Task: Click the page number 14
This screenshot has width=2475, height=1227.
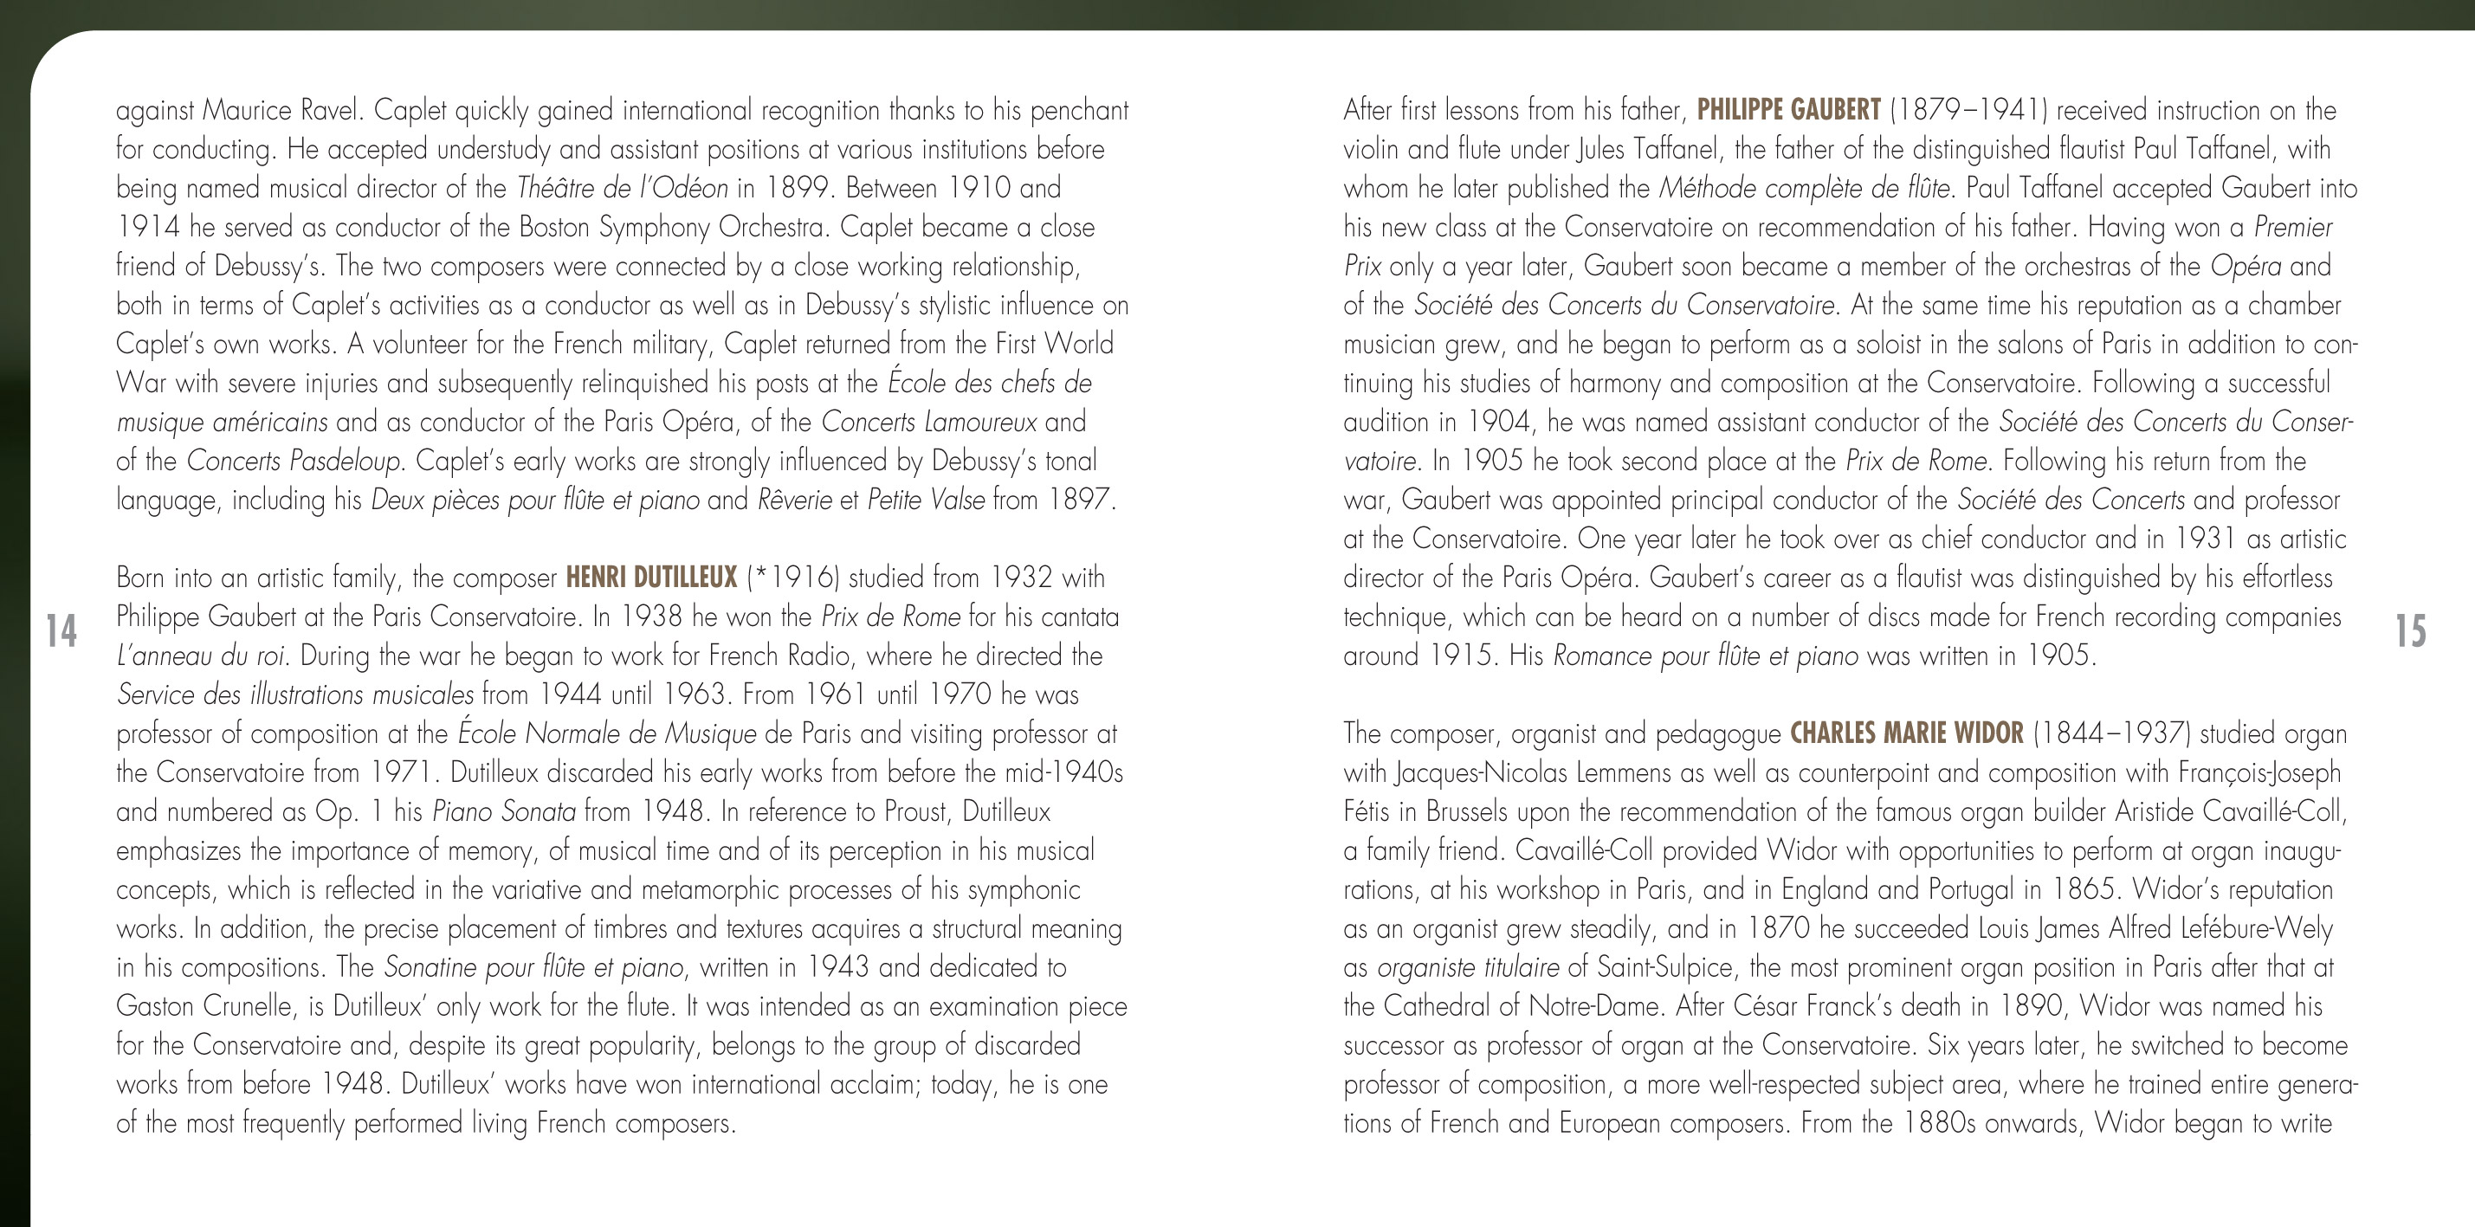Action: click(61, 631)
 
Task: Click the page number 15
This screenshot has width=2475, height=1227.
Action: click(2410, 631)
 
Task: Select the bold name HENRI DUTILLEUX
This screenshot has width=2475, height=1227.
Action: click(650, 578)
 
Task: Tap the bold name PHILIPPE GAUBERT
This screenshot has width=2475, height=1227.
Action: click(1788, 109)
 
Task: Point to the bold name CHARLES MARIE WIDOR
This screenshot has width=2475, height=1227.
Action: click(1906, 733)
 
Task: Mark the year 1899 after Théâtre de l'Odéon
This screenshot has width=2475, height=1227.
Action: click(797, 188)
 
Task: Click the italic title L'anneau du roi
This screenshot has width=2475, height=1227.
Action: click(201, 656)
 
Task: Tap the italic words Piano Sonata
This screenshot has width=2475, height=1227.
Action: click(503, 812)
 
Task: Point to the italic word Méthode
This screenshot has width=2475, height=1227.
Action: click(1710, 188)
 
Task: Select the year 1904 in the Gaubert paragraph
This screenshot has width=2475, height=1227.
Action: click(1501, 422)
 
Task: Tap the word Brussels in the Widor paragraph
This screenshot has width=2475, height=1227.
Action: click(1466, 812)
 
